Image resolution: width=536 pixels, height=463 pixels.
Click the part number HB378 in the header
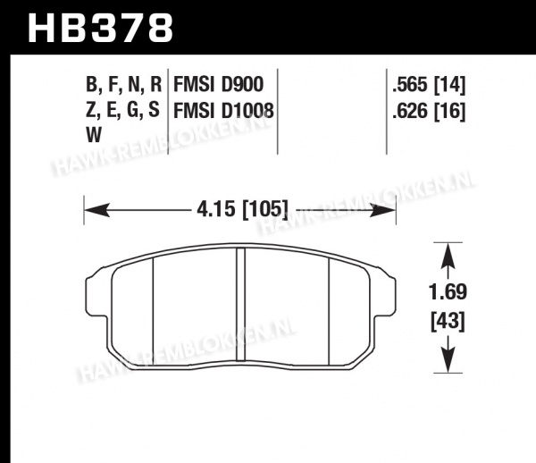pyautogui.click(x=100, y=28)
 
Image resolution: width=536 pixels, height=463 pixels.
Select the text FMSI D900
pyautogui.click(x=219, y=84)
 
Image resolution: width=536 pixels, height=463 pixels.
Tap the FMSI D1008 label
pyautogui.click(x=224, y=111)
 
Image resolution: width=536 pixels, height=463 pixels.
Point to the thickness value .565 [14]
pyautogui.click(x=429, y=84)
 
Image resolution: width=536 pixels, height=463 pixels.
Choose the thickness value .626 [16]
pyautogui.click(x=429, y=111)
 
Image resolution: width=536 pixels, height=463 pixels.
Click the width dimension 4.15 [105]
pyautogui.click(x=243, y=209)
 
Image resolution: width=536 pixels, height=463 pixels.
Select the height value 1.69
pyautogui.click(x=448, y=292)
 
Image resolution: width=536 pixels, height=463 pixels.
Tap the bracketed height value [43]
pyautogui.click(x=448, y=322)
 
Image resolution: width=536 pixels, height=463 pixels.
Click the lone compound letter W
pyautogui.click(x=94, y=135)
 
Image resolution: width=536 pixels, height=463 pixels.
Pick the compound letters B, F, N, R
pyautogui.click(x=124, y=84)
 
